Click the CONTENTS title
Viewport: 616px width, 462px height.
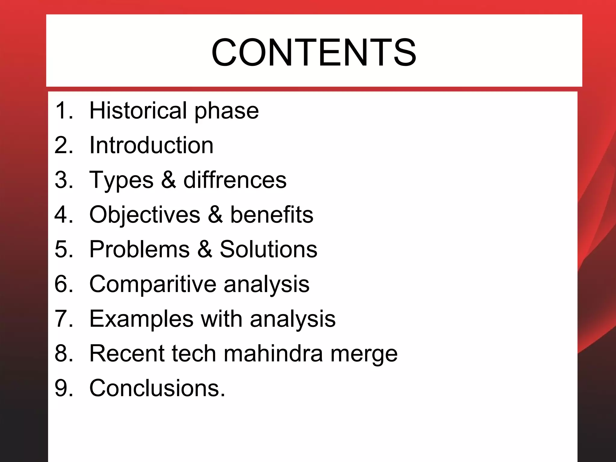tap(314, 53)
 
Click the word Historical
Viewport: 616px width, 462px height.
tap(138, 110)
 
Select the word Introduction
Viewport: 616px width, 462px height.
tap(151, 145)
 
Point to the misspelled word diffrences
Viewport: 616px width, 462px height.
tap(235, 180)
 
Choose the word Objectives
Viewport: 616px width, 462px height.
tap(145, 215)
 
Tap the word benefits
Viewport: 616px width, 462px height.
tap(272, 215)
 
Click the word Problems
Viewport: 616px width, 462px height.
tap(140, 249)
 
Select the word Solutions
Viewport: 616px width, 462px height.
tap(268, 249)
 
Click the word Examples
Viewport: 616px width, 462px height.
tap(141, 319)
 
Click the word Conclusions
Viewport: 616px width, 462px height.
tap(157, 388)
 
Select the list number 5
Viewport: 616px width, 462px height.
tap(63, 249)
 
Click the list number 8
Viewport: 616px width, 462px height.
tap(63, 353)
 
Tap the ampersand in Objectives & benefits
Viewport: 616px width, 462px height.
tap(215, 215)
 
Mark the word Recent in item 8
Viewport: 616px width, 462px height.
tap(127, 353)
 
